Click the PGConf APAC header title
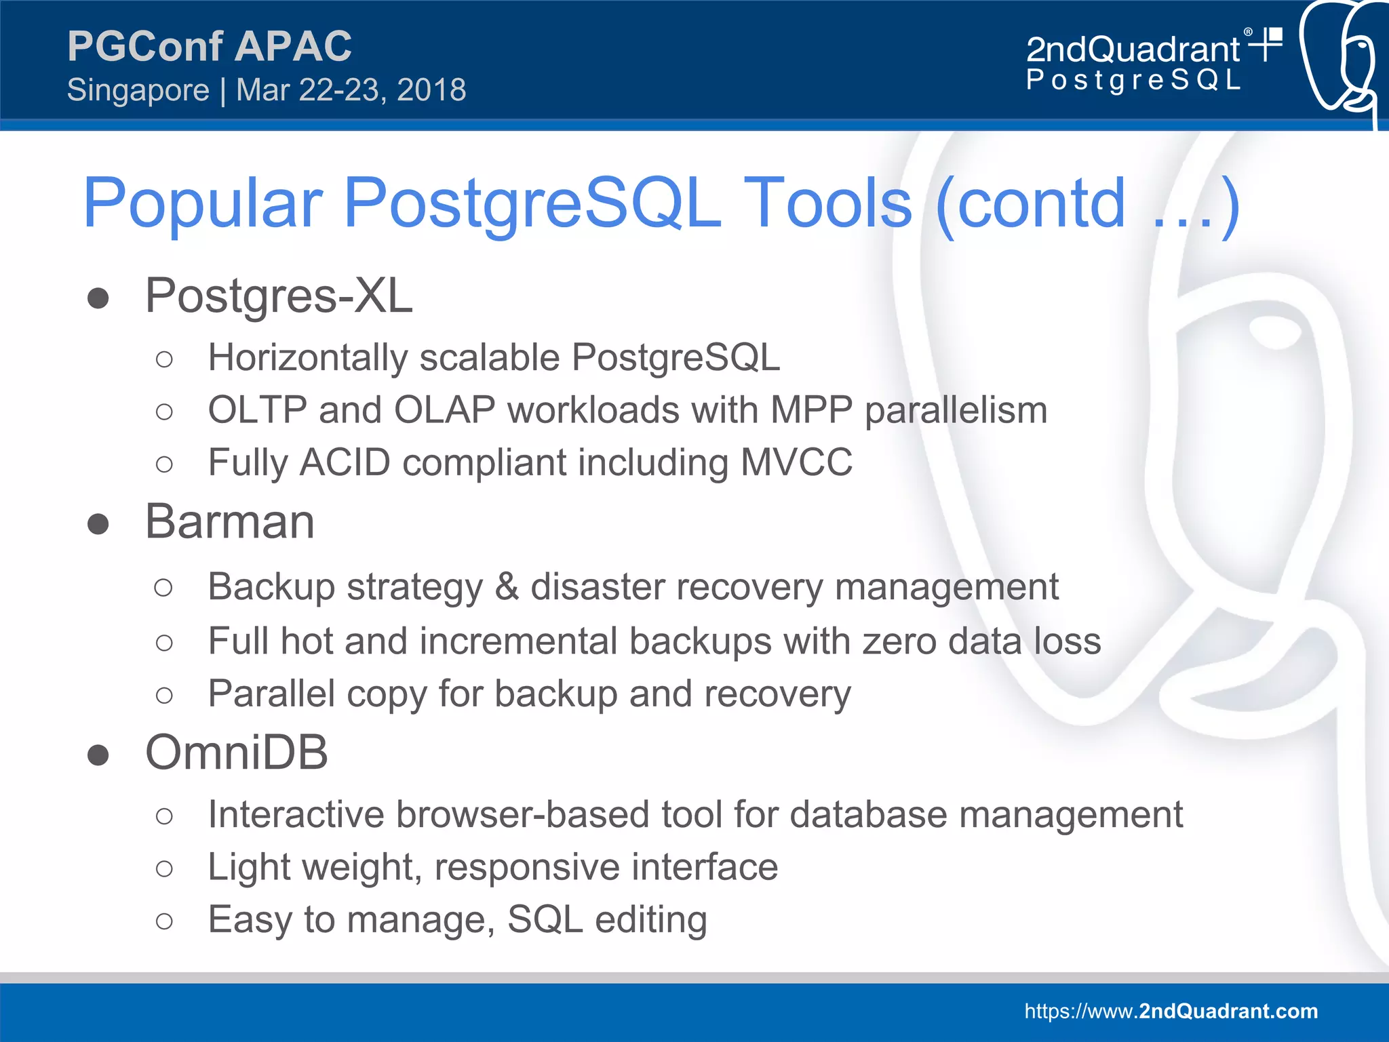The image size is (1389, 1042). (x=209, y=46)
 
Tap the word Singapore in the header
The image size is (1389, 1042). (x=138, y=90)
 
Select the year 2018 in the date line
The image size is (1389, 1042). (x=431, y=90)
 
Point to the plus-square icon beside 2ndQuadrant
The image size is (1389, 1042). (x=1267, y=43)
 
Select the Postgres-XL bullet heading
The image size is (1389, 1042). (x=279, y=296)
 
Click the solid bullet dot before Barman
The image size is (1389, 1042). (x=98, y=524)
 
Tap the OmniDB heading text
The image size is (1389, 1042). (x=237, y=753)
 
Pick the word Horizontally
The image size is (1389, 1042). (x=307, y=357)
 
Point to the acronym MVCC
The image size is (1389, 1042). (x=796, y=462)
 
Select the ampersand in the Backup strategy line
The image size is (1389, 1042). (x=507, y=587)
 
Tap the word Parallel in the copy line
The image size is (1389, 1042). (x=271, y=694)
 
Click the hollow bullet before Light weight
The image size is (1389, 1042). (x=164, y=868)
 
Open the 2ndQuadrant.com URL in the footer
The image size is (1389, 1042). (x=1171, y=1011)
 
